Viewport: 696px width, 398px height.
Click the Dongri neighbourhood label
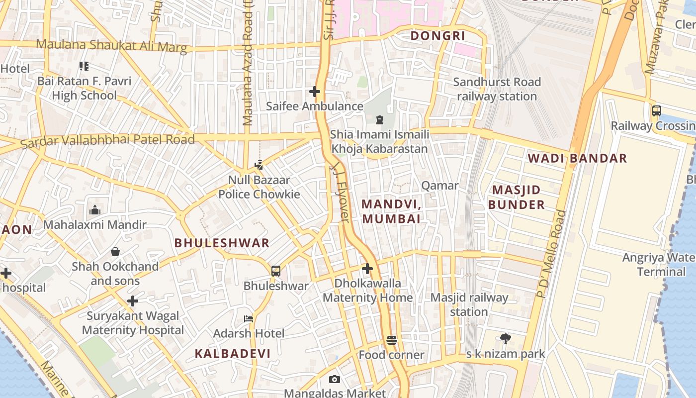(437, 36)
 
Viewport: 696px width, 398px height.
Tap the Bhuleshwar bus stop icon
(276, 271)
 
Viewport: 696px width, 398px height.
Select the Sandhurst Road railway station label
(497, 89)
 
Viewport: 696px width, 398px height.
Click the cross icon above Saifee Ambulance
(314, 92)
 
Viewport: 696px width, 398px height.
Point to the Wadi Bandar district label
(577, 159)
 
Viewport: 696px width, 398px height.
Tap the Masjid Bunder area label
(516, 197)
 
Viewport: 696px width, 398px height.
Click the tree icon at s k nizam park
(506, 339)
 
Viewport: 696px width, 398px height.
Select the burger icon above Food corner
(392, 341)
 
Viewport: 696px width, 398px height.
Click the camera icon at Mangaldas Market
(335, 380)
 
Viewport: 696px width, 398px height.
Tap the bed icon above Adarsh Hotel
(249, 318)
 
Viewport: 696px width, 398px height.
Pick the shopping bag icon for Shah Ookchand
(115, 252)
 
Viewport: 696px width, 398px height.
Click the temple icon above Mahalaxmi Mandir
(95, 210)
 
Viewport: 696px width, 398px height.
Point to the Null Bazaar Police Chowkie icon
(259, 165)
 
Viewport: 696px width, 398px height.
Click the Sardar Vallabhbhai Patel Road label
(107, 141)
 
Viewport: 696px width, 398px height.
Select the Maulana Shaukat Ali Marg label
(111, 45)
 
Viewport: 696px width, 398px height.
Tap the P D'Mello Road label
(552, 254)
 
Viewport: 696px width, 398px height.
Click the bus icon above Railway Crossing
(656, 111)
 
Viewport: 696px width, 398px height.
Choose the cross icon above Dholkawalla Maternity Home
(367, 269)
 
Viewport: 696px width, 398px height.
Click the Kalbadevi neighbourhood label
(233, 354)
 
